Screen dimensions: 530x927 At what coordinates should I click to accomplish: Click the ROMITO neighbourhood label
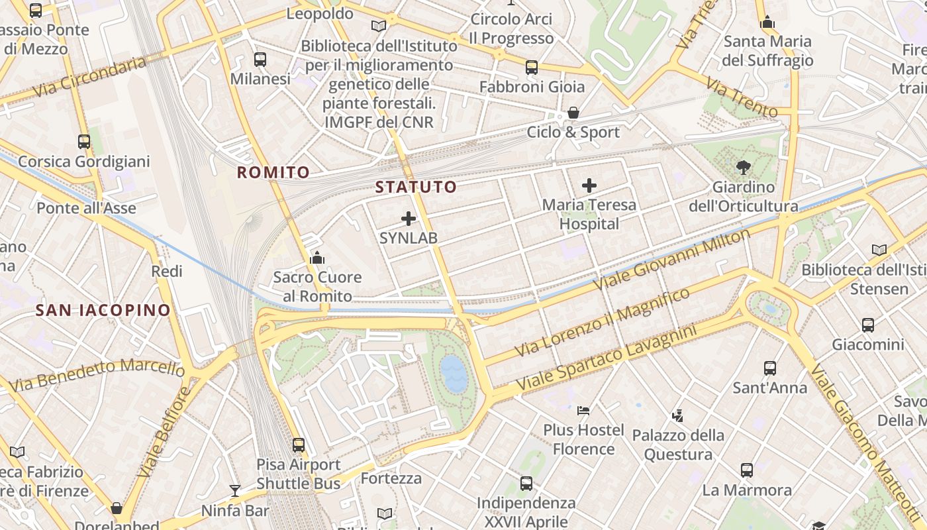[273, 173]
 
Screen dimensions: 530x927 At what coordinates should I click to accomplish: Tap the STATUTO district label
[416, 187]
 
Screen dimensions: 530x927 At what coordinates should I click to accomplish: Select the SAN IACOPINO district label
[103, 310]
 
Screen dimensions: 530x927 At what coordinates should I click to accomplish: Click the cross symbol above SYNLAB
[409, 218]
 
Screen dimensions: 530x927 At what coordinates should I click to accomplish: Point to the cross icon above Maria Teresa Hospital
[589, 185]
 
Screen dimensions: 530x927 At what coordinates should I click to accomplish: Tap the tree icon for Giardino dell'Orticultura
[743, 168]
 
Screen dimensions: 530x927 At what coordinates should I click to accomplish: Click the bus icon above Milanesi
[260, 60]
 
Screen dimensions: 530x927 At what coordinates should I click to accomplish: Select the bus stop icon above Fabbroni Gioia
[532, 67]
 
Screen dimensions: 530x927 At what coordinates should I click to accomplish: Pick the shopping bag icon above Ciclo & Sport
[573, 113]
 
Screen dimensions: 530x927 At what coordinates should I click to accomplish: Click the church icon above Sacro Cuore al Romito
[317, 257]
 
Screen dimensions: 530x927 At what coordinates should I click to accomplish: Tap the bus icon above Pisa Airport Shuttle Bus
[299, 445]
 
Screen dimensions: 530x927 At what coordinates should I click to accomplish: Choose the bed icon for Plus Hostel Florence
[583, 411]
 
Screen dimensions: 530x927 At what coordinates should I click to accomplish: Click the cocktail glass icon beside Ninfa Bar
[235, 491]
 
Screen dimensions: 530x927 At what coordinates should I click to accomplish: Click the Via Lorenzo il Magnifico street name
[602, 323]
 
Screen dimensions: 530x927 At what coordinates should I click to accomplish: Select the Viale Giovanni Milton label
[672, 259]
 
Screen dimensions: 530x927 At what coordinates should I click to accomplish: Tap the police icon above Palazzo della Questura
[677, 416]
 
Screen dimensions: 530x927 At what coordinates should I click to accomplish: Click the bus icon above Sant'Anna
[769, 368]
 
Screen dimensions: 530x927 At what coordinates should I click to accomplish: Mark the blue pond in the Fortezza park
[454, 373]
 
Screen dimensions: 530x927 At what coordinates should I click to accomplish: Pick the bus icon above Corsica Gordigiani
[84, 141]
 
